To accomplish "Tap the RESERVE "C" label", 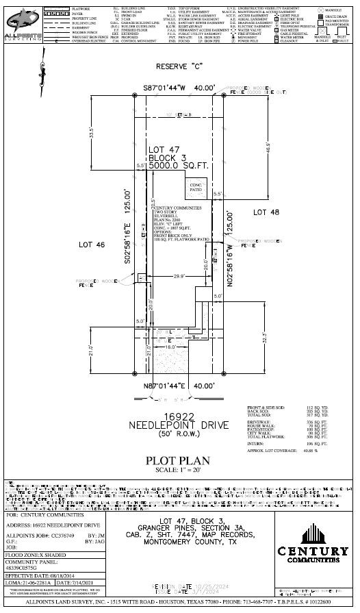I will [x=179, y=67].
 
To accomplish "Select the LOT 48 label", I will [x=267, y=213].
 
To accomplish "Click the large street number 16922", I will [x=179, y=416].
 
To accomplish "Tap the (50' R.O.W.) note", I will [x=179, y=435].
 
